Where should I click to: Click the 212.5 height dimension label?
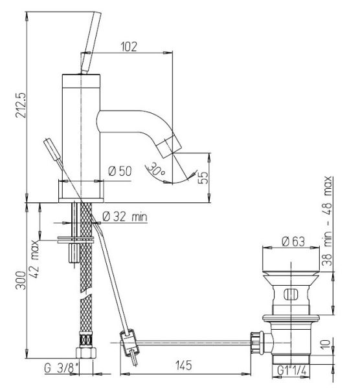20,105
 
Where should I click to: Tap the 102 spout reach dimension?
129,47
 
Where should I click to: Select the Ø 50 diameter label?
120,171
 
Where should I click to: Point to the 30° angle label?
156,169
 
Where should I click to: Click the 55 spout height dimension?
204,177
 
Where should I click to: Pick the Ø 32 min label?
125,217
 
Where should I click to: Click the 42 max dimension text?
35,259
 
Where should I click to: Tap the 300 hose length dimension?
21,281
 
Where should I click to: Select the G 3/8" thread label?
62,368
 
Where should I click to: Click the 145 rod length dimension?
184,365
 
